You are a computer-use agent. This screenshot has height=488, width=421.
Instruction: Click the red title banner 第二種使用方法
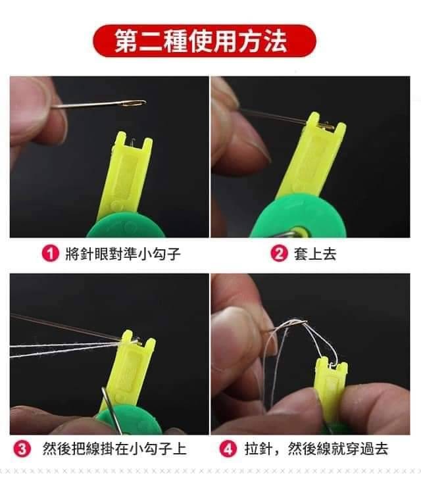(x=205, y=41)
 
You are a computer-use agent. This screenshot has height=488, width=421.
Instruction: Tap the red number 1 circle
(x=50, y=253)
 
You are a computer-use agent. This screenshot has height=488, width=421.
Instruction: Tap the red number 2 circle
(x=279, y=253)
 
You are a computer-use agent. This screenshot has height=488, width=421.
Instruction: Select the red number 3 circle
(x=22, y=449)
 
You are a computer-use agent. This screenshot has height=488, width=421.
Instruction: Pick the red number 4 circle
(x=228, y=449)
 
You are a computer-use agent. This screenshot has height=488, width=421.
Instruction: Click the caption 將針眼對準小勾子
(x=123, y=254)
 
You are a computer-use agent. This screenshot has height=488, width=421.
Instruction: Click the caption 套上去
(x=315, y=254)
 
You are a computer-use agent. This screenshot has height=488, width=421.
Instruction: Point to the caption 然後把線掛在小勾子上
(x=114, y=449)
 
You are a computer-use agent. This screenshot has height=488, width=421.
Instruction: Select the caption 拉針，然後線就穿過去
(x=316, y=449)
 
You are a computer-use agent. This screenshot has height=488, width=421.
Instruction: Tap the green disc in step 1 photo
(x=126, y=226)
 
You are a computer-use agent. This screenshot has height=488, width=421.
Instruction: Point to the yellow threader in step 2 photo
(x=310, y=156)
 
